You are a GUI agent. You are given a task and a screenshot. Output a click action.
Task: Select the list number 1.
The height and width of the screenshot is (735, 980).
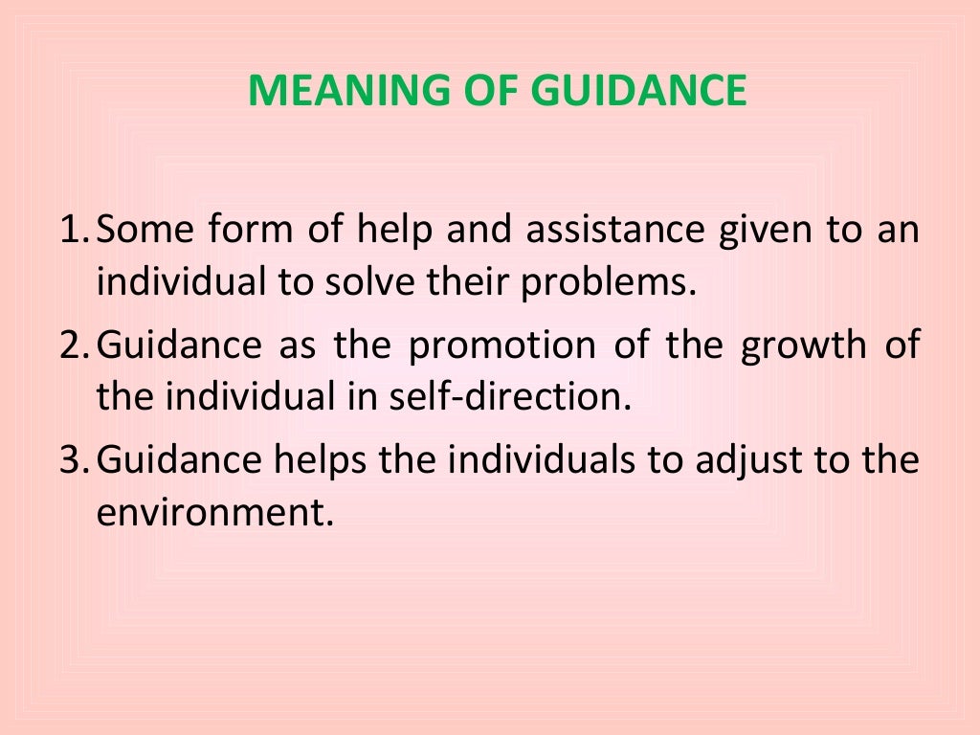71,231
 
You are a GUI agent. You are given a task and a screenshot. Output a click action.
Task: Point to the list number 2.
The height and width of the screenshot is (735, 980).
71,345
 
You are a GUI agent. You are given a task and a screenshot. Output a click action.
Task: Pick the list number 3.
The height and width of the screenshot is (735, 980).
71,460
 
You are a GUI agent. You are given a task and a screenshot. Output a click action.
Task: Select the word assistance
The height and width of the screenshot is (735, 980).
585,231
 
